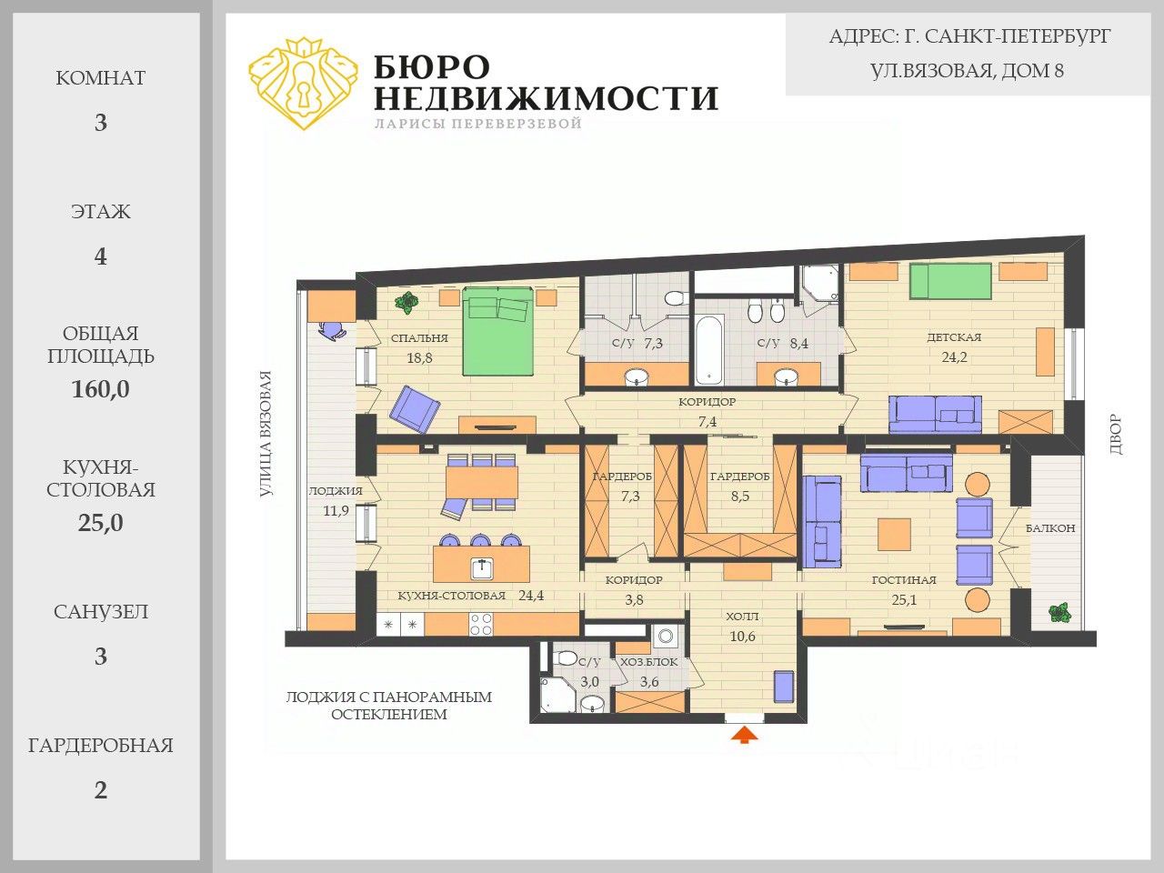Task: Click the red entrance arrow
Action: click(744, 735)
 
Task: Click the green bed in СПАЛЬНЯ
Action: click(497, 332)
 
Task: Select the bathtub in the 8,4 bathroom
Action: click(709, 350)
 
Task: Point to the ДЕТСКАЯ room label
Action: click(954, 337)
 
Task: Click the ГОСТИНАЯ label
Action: click(904, 580)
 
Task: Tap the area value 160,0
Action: click(100, 389)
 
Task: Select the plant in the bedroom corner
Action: click(406, 303)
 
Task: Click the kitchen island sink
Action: click(482, 568)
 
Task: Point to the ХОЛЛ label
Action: click(742, 617)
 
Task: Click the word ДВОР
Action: click(1116, 435)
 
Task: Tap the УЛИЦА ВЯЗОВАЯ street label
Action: click(266, 434)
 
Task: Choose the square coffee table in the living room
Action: click(894, 535)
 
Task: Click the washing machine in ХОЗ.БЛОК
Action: click(666, 636)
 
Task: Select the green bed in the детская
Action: click(951, 282)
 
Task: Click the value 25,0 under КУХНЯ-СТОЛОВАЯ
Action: click(100, 523)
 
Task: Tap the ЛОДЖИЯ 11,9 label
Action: click(336, 501)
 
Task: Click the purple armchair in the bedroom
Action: click(414, 408)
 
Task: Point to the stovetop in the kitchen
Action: click(481, 624)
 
